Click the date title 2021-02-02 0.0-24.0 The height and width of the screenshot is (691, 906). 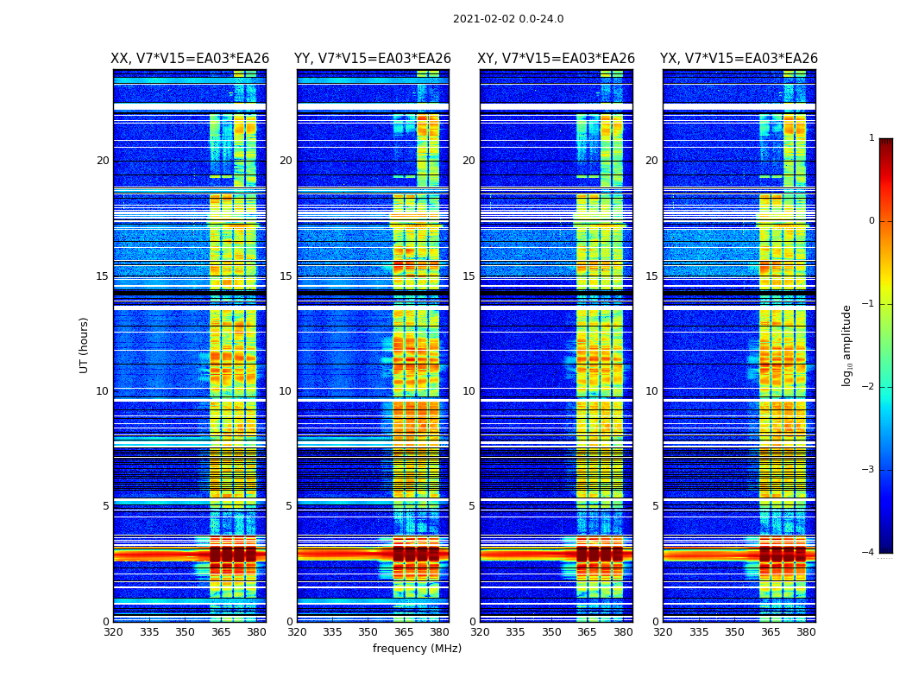[x=508, y=19]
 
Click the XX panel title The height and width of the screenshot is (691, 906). [x=190, y=59]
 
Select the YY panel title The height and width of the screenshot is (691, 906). [x=373, y=59]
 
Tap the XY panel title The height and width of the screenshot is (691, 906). [x=557, y=59]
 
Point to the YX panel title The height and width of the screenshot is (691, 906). [x=739, y=59]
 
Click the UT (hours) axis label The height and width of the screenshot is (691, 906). [x=85, y=345]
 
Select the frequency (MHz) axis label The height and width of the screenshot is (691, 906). [x=417, y=649]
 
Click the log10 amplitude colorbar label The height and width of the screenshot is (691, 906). [x=847, y=345]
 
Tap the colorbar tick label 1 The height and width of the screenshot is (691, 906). [x=871, y=138]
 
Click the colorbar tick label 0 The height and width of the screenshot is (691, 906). [x=871, y=221]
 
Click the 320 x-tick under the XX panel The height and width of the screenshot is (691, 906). [x=113, y=632]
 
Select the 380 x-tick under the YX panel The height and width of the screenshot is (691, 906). [x=806, y=632]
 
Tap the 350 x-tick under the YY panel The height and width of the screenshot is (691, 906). [x=368, y=632]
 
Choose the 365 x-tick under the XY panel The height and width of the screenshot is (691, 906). [x=588, y=632]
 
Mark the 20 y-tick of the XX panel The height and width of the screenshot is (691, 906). [x=103, y=161]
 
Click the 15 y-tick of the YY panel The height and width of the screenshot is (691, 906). [x=286, y=276]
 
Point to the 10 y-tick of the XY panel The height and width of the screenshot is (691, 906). [x=469, y=391]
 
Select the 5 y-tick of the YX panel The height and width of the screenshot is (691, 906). [x=655, y=506]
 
